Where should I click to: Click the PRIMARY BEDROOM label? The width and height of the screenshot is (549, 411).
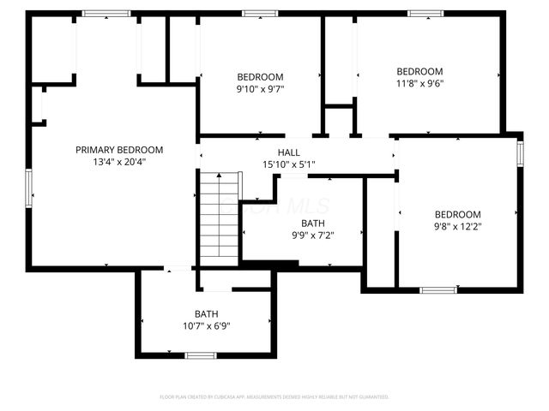click(x=118, y=150)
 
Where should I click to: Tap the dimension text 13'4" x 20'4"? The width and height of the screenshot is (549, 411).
click(x=118, y=162)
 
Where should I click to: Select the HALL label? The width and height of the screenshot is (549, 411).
click(x=288, y=152)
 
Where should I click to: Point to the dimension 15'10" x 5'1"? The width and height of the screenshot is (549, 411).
click(x=288, y=164)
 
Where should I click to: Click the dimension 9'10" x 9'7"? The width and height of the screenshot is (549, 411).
click(x=260, y=88)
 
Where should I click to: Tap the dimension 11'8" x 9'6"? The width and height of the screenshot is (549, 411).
click(x=419, y=83)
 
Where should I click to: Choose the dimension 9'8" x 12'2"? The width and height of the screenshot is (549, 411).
click(x=457, y=227)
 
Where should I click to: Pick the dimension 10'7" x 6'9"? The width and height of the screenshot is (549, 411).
click(x=206, y=325)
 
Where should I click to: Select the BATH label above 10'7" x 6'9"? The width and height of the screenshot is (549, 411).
click(x=206, y=313)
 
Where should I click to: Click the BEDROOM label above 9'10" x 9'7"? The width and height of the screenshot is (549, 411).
click(x=260, y=76)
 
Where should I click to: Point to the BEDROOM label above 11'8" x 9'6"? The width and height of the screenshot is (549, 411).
click(x=419, y=71)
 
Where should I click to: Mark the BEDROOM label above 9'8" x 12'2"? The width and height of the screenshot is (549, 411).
click(x=457, y=214)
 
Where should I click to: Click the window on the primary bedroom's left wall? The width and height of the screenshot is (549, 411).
click(x=28, y=189)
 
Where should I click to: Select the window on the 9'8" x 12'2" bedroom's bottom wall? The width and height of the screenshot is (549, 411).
click(x=437, y=290)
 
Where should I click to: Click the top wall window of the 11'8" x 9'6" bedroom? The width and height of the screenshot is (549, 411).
click(x=424, y=14)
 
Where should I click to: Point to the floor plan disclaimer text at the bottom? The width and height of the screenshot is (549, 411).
click(x=274, y=397)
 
